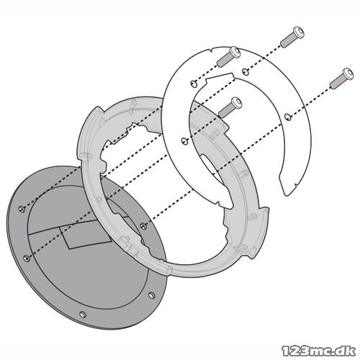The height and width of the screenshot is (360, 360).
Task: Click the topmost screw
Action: (292, 37)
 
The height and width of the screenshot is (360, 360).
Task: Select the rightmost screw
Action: (341, 78)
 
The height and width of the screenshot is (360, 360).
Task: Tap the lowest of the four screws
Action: (230, 107)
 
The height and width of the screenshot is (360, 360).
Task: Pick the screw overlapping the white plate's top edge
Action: (228, 56)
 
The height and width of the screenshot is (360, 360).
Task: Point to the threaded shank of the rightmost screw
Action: (336, 82)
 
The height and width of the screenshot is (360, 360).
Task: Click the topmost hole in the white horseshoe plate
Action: (245, 71)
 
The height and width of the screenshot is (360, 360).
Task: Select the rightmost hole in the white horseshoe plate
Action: (287, 117)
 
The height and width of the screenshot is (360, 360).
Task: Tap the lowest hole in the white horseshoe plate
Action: (184, 141)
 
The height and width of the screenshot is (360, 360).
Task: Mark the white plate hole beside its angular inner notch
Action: (194, 84)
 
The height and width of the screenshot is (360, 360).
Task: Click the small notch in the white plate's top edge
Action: (212, 50)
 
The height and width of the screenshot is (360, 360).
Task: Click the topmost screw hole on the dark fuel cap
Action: (22, 209)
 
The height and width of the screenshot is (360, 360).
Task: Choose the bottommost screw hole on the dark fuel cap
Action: (83, 314)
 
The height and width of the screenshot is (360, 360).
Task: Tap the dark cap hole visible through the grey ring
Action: (143, 225)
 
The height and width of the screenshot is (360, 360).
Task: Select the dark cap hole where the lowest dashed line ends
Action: (27, 258)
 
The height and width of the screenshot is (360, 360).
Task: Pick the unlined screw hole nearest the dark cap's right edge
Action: (152, 295)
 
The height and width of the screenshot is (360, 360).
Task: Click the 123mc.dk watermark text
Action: (319, 351)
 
